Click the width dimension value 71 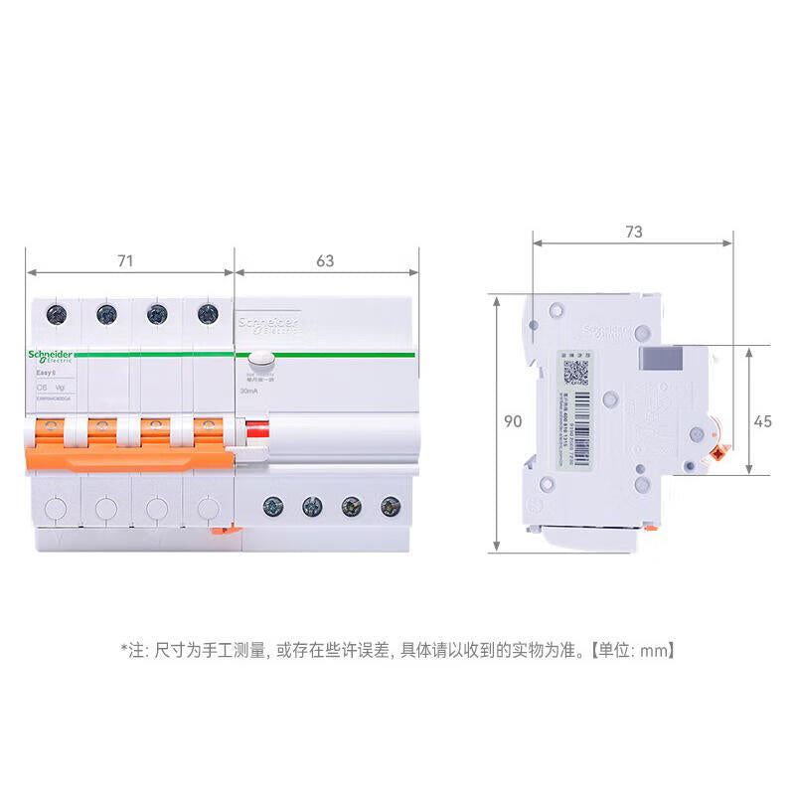pos(124,261)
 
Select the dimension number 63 pos(325,261)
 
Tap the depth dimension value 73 pos(633,232)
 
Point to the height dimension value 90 pos(513,421)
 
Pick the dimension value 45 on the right pos(762,421)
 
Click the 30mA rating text pos(248,392)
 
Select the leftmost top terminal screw pos(54,314)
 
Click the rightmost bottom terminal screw pos(390,506)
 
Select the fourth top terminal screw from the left pos(207,314)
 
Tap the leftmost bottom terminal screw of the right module pos(270,506)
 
